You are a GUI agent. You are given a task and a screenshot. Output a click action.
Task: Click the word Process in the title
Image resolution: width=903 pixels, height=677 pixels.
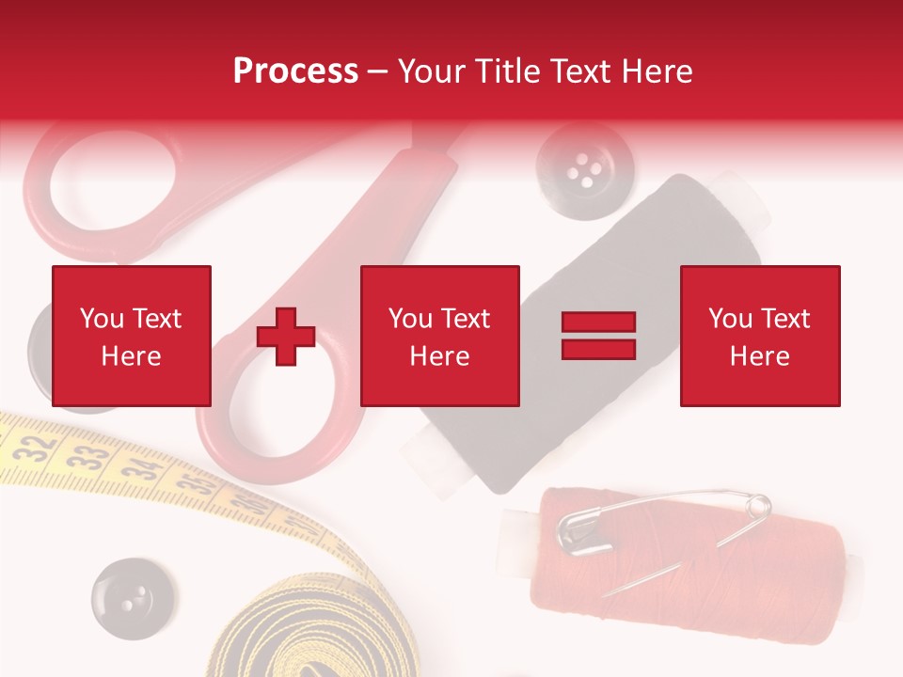click(x=295, y=71)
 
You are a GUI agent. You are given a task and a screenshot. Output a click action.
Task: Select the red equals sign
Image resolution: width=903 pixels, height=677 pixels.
click(x=599, y=336)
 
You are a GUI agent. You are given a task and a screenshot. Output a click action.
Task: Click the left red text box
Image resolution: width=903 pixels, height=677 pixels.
click(x=132, y=336)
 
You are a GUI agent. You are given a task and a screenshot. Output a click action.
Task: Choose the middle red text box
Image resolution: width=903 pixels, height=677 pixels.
click(x=440, y=336)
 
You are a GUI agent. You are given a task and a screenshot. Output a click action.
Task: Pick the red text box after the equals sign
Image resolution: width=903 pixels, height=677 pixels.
click(x=760, y=336)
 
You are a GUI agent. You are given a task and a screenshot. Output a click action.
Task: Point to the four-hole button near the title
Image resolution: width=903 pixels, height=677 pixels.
click(x=572, y=168)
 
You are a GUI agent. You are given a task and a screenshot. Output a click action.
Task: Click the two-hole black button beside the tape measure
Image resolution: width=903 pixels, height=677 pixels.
click(x=133, y=593)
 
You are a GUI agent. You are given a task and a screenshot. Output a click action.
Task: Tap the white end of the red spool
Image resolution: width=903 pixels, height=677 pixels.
click(x=515, y=541)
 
